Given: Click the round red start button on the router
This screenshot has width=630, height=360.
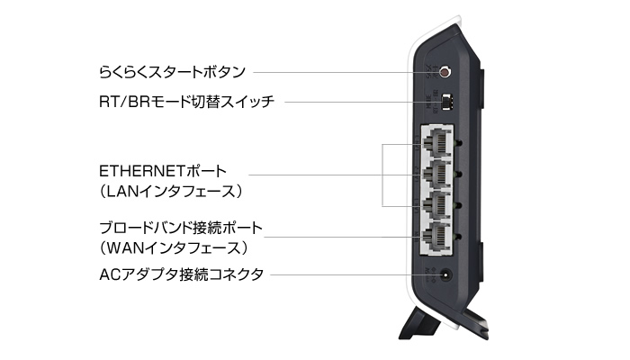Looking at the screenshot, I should coord(442,69).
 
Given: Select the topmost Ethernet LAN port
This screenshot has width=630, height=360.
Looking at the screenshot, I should coord(436,142).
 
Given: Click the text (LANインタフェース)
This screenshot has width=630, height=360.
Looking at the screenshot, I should coord(172,191).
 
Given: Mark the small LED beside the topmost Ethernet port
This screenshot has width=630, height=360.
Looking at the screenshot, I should coord(460,142).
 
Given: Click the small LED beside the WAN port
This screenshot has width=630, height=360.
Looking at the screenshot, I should coord(460,237).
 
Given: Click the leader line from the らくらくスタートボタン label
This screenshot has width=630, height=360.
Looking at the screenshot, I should coord(342,70).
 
